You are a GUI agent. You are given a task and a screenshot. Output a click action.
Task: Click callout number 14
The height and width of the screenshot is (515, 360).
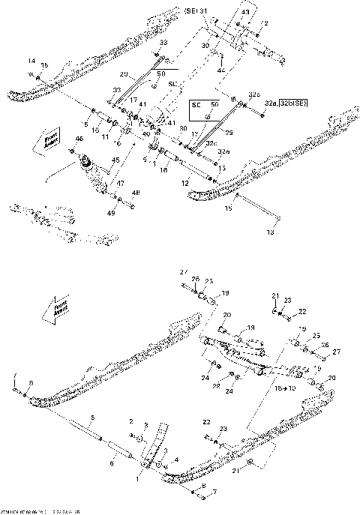pos(31,60)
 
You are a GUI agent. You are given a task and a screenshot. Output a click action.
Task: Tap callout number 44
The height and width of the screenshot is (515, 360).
pos(220,69)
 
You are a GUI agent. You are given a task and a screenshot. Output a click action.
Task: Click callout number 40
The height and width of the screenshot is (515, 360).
pos(146,133)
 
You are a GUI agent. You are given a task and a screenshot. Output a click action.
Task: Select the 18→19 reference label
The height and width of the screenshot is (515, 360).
pos(286,391)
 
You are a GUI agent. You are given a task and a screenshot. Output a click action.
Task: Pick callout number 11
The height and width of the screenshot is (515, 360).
pos(105,139)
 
